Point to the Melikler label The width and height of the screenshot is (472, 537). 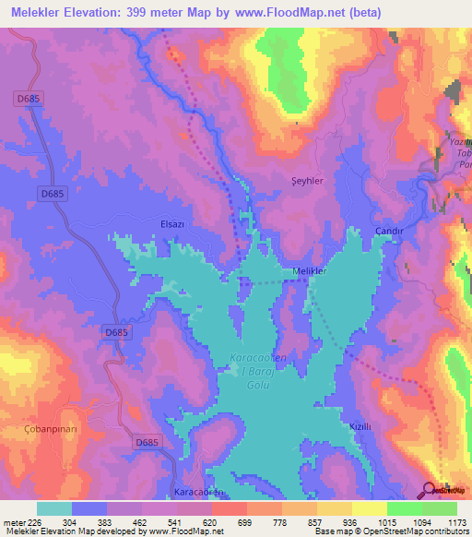coord(310,270)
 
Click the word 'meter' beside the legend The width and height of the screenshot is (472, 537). coord(12,520)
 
